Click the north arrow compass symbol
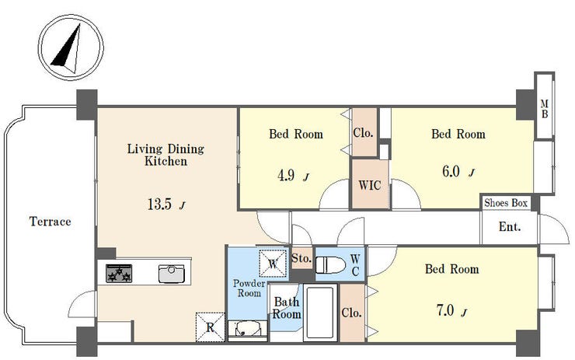click(x=71, y=47)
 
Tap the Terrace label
click(x=51, y=222)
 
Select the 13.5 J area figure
click(x=166, y=204)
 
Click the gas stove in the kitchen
click(x=119, y=274)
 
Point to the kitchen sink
click(x=171, y=274)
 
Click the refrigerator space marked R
click(x=210, y=327)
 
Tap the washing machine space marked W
click(x=273, y=264)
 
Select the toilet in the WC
click(x=330, y=265)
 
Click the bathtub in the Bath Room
click(x=320, y=313)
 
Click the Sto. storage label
click(x=301, y=258)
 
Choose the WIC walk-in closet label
click(x=369, y=185)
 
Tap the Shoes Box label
click(x=506, y=203)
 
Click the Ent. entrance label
click(x=510, y=227)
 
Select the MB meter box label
click(x=545, y=109)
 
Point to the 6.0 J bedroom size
click(x=458, y=172)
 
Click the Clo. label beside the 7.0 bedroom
click(x=352, y=313)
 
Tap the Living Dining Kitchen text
click(x=166, y=155)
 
